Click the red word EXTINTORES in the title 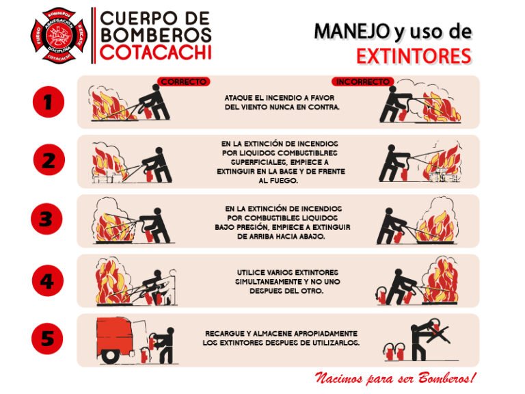414,55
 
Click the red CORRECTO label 183,81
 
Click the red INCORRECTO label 363,81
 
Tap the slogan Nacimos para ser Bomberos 394,378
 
